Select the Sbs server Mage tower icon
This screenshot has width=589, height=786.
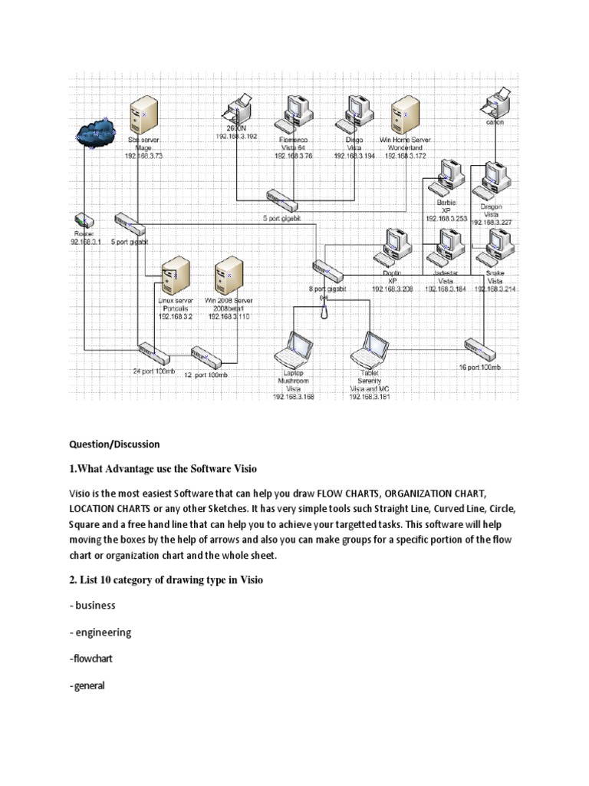click(x=144, y=117)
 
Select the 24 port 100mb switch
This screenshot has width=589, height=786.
click(x=154, y=352)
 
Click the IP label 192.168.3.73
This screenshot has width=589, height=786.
click(x=144, y=155)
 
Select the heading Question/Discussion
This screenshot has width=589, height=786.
click(x=114, y=444)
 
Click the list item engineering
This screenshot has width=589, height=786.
click(x=103, y=632)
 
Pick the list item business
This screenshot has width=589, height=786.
click(x=94, y=606)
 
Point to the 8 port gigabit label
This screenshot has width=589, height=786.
click(x=322, y=290)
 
